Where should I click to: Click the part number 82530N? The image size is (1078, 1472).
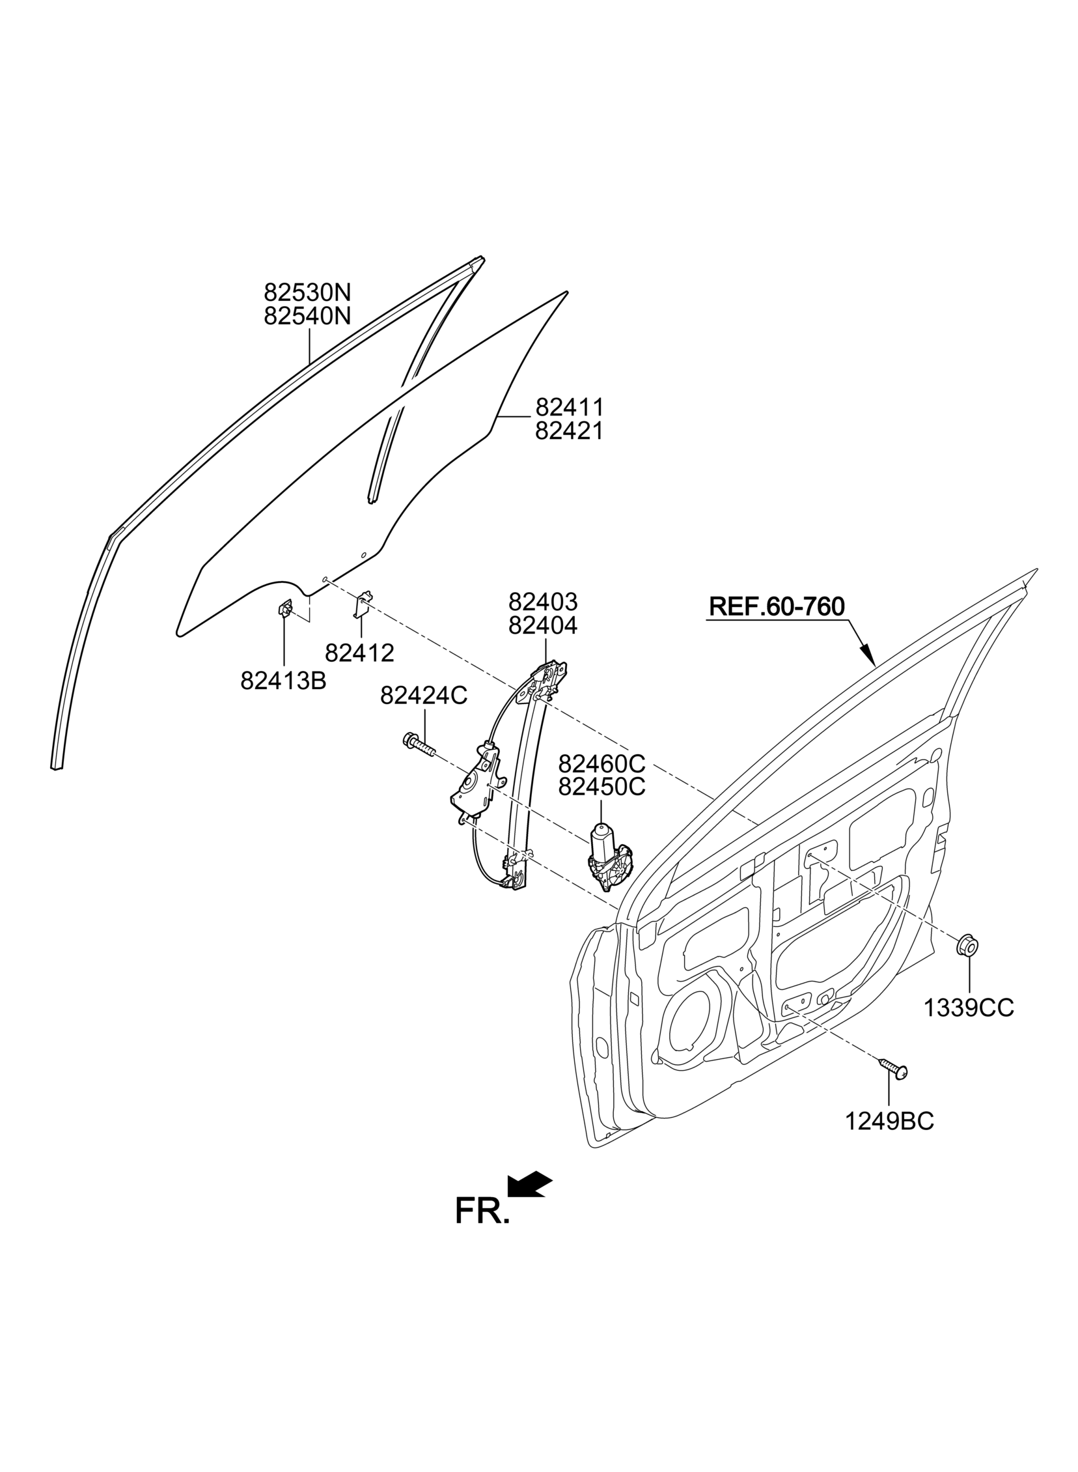coord(307,291)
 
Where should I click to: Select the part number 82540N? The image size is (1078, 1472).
coord(307,316)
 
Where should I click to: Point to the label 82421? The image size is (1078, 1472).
coord(569,431)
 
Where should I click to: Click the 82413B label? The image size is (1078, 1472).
coord(283,681)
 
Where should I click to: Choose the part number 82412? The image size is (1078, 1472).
coord(359,653)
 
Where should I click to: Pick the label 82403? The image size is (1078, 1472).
coord(543,601)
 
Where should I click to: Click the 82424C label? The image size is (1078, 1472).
coord(424,696)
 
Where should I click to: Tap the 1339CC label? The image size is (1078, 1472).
coord(969,1026)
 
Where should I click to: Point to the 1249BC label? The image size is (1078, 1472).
coord(889,1122)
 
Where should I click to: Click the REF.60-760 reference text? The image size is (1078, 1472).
coord(777,606)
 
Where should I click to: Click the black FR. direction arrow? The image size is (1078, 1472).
coord(529,1184)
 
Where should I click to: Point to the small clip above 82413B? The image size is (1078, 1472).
coord(285,608)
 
